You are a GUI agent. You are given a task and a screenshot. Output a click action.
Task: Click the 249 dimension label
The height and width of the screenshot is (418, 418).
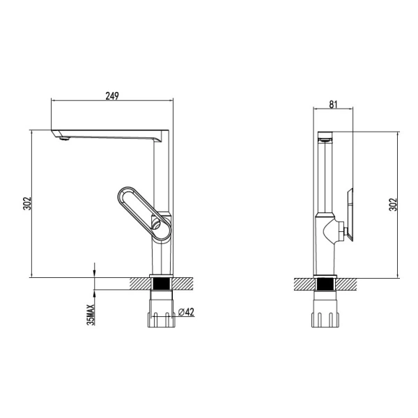[112, 95]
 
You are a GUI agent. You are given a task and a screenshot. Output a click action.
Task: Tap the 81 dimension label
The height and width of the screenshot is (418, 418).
[333, 104]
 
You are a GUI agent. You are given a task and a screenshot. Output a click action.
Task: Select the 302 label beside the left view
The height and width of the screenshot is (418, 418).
[27, 203]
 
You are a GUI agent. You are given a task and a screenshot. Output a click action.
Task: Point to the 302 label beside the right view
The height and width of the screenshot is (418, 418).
[393, 204]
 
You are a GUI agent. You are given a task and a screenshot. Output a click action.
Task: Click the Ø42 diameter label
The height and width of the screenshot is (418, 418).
[186, 311]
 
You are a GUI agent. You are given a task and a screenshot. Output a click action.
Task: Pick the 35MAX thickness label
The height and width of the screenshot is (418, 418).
[91, 315]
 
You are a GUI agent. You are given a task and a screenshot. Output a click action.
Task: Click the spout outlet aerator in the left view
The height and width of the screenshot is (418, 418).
[65, 138]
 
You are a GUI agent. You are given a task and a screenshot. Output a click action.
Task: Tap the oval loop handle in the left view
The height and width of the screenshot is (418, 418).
[144, 212]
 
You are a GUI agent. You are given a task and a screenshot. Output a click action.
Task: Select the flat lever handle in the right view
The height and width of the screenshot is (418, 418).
[350, 215]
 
